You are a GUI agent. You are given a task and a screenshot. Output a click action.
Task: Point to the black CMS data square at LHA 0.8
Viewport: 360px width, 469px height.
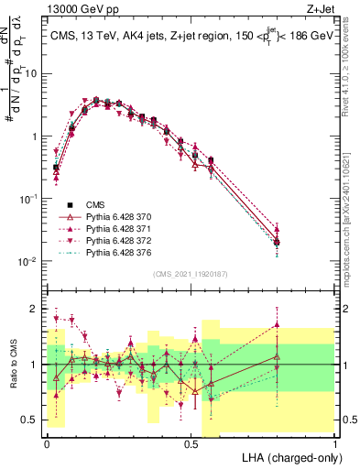[277, 242]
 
